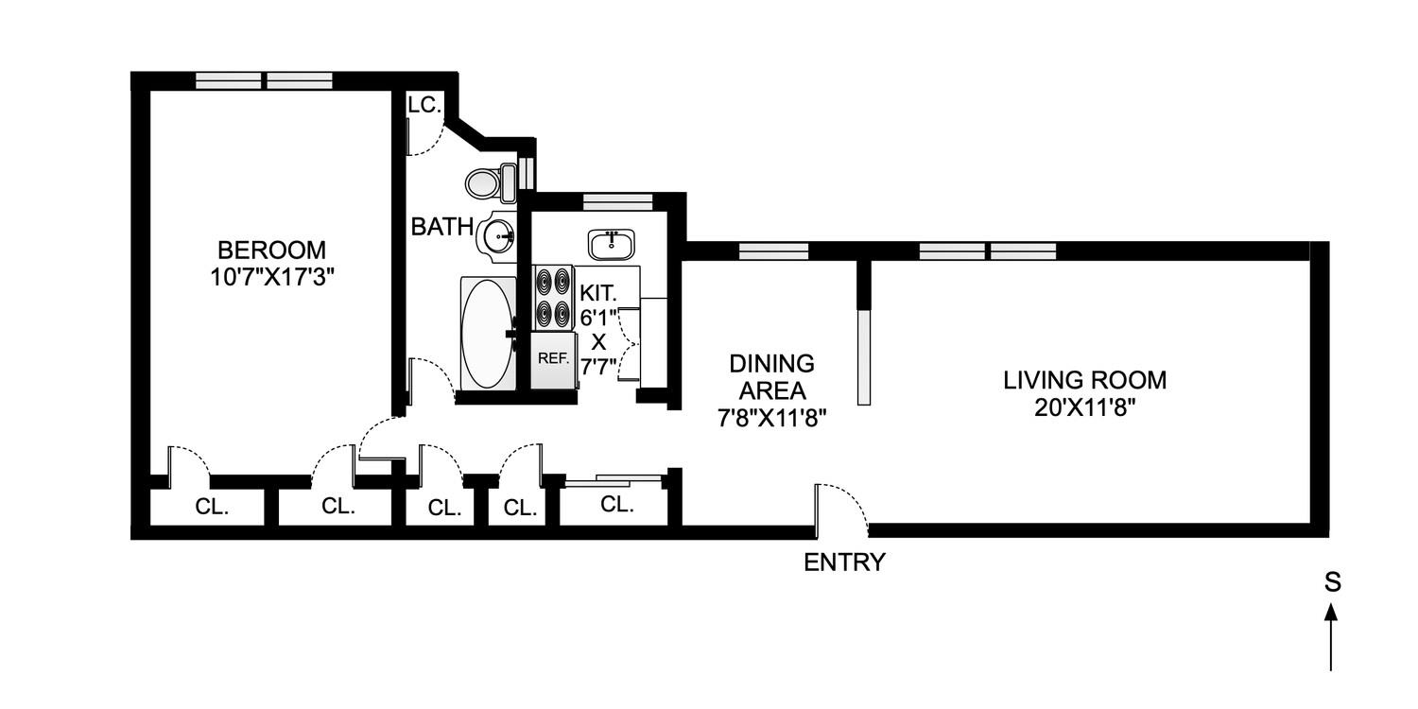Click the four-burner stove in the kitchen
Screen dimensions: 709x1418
pyautogui.click(x=554, y=297)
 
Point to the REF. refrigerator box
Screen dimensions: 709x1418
pyautogui.click(x=552, y=359)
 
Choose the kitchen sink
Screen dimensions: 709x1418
pyautogui.click(x=612, y=244)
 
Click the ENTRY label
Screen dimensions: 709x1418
pyautogui.click(x=844, y=562)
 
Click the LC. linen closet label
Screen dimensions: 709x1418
pyautogui.click(x=424, y=105)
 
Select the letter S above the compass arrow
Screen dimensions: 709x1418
pyautogui.click(x=1332, y=583)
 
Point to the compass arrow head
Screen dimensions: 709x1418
pyautogui.click(x=1332, y=613)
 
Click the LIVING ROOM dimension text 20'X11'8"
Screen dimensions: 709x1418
pyautogui.click(x=1085, y=407)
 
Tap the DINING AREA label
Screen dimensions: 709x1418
pyautogui.click(x=771, y=377)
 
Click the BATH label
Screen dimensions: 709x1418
pyautogui.click(x=441, y=227)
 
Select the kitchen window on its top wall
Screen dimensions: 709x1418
pyautogui.click(x=617, y=200)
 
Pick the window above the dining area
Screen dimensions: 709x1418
pyautogui.click(x=773, y=251)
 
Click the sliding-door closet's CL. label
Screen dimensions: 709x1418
pyautogui.click(x=616, y=505)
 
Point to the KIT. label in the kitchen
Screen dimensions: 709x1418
pyautogui.click(x=599, y=293)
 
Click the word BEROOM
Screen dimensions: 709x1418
pyautogui.click(x=271, y=251)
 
